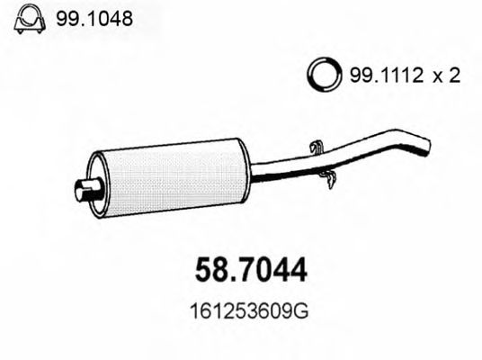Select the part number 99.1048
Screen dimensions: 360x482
pyautogui.click(x=88, y=17)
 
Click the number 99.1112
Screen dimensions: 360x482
pyautogui.click(x=378, y=76)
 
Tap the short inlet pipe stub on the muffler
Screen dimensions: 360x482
pyautogui.click(x=84, y=190)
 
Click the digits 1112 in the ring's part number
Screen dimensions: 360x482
pyautogui.click(x=394, y=76)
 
